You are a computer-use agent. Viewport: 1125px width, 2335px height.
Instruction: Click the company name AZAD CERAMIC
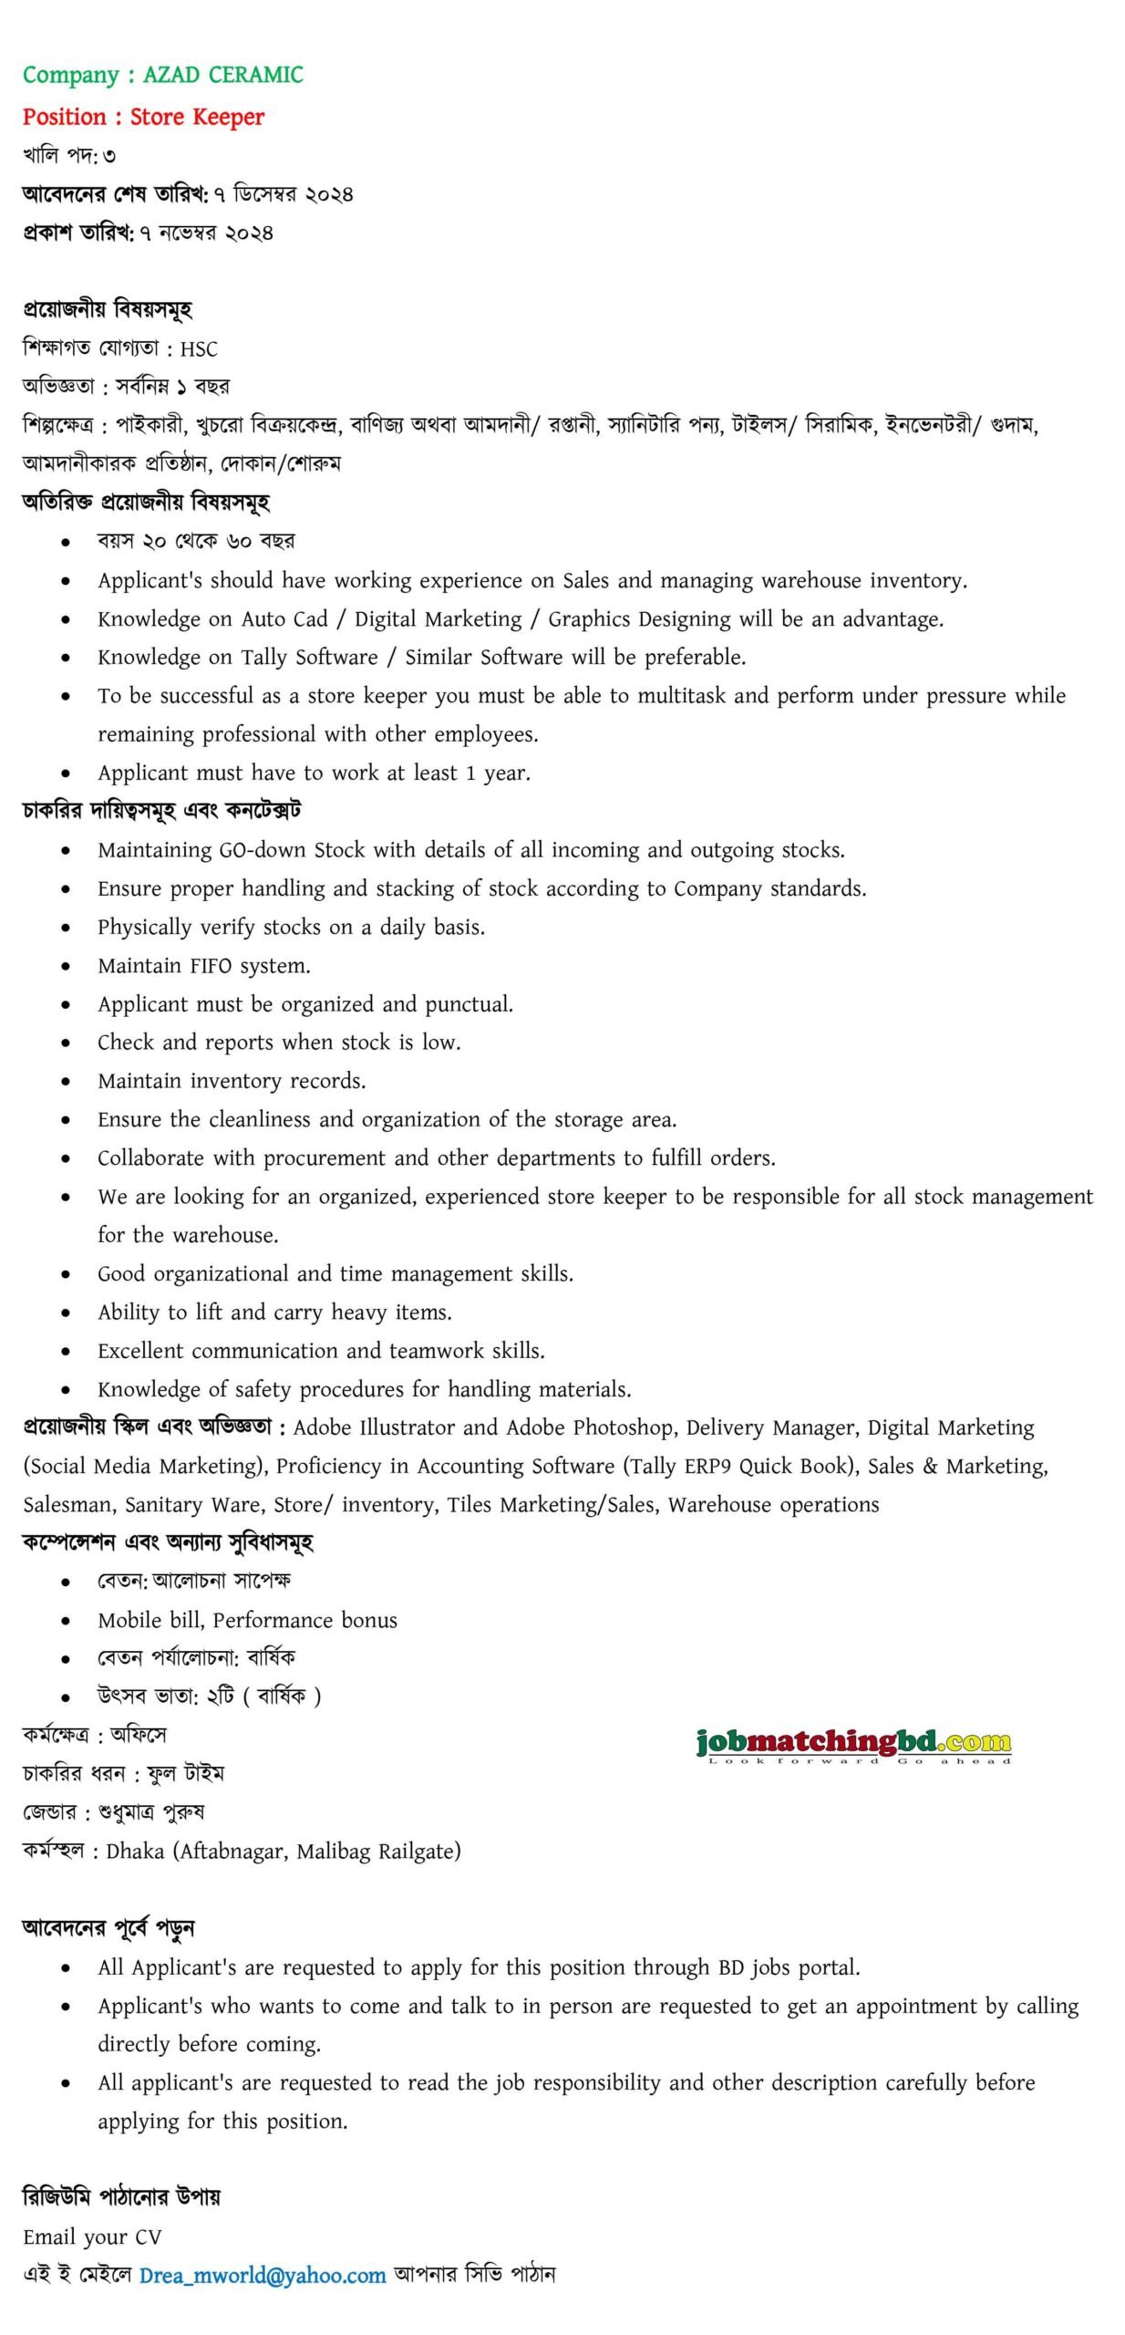(222, 75)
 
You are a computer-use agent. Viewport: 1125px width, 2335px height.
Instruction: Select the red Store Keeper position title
(197, 117)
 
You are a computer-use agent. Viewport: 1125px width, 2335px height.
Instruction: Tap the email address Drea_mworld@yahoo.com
(263, 2275)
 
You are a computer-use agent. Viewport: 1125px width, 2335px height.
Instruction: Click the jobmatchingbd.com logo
(853, 1744)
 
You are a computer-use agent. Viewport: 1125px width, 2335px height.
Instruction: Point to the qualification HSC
(199, 349)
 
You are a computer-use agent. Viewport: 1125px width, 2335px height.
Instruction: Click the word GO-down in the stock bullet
(262, 850)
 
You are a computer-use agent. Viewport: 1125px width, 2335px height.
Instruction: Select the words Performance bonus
(304, 1620)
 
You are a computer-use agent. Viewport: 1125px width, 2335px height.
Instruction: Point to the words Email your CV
(92, 2236)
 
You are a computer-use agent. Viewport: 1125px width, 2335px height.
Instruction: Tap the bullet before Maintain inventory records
(66, 1082)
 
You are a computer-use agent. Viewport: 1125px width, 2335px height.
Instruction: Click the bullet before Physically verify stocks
(66, 928)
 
